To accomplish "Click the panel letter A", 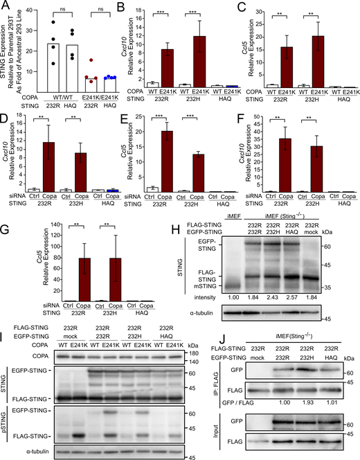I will tap(5, 6).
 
